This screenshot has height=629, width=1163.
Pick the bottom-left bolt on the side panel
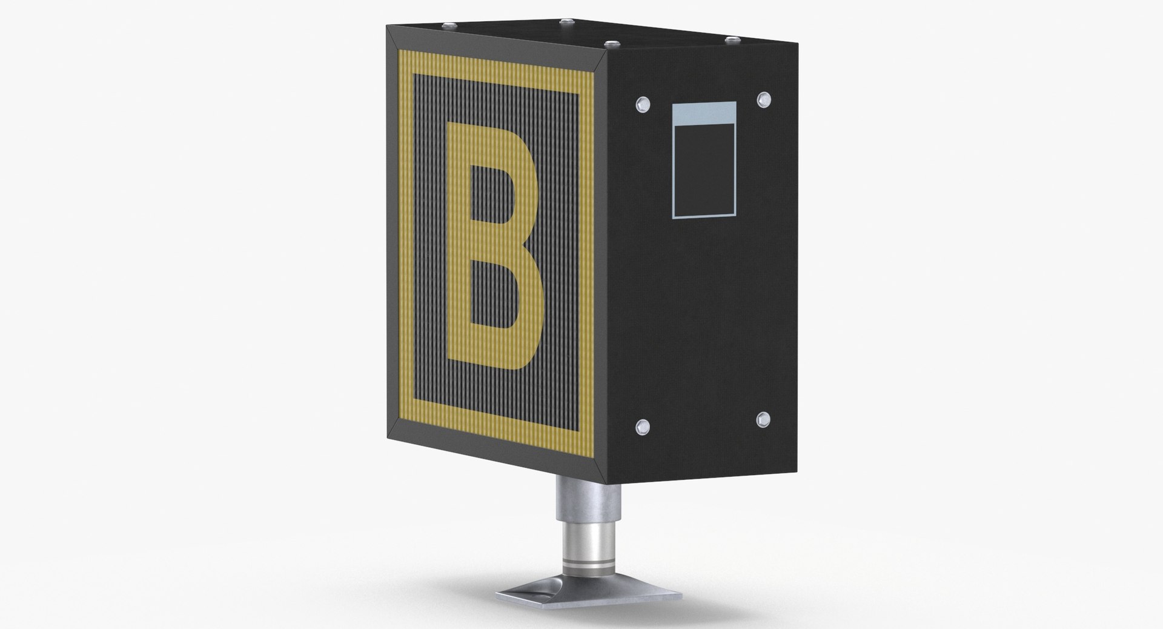(x=642, y=427)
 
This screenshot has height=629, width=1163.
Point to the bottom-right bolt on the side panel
(x=762, y=418)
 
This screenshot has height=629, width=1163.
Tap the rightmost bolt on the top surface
(x=732, y=39)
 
